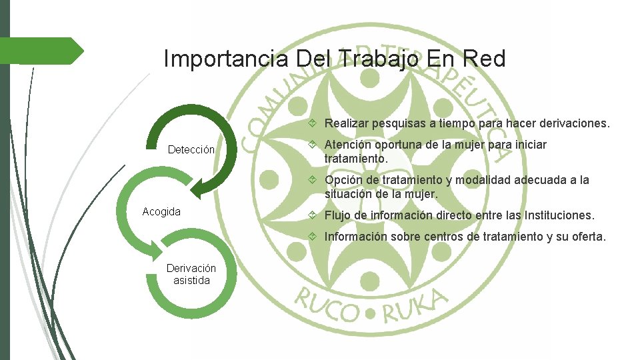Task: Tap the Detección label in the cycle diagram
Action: coord(191,150)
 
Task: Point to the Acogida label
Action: coord(161,211)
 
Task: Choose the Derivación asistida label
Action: coord(191,274)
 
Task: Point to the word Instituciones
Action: coord(559,215)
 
